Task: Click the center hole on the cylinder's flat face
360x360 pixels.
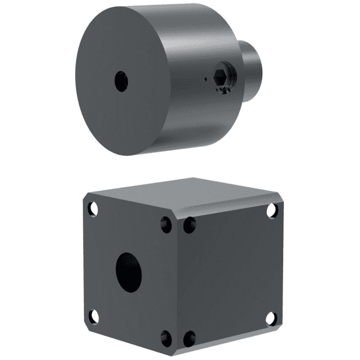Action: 121,81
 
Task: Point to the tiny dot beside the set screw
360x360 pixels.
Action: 205,78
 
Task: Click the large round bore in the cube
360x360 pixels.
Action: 128,272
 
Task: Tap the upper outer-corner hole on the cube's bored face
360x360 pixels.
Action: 93,209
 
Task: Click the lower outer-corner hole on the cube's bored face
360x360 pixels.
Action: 94,316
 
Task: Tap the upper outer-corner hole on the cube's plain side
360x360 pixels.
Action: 272,210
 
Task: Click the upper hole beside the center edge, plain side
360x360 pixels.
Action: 189,225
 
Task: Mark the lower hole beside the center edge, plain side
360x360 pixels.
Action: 189,338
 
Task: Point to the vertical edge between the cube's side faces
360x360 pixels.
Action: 178,282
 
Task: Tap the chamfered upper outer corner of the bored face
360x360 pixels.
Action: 86,197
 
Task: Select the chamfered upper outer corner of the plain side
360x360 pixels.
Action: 280,199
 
